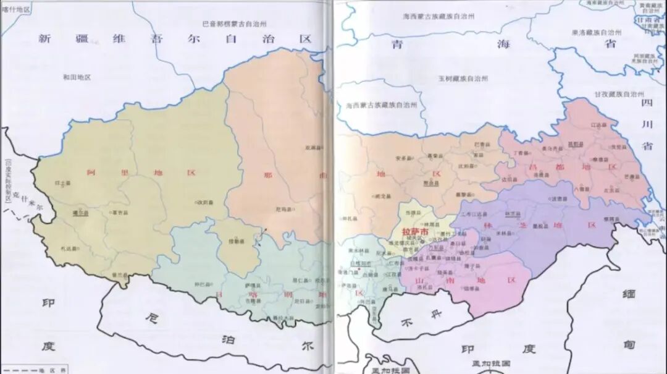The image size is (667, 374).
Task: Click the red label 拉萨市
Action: (414, 232)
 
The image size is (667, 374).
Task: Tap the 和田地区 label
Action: (77, 77)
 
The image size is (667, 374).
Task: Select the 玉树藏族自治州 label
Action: (463, 79)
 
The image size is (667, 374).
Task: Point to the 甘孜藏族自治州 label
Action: (619, 94)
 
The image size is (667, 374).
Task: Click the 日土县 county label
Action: (62, 184)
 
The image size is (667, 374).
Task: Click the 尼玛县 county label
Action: (283, 210)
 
